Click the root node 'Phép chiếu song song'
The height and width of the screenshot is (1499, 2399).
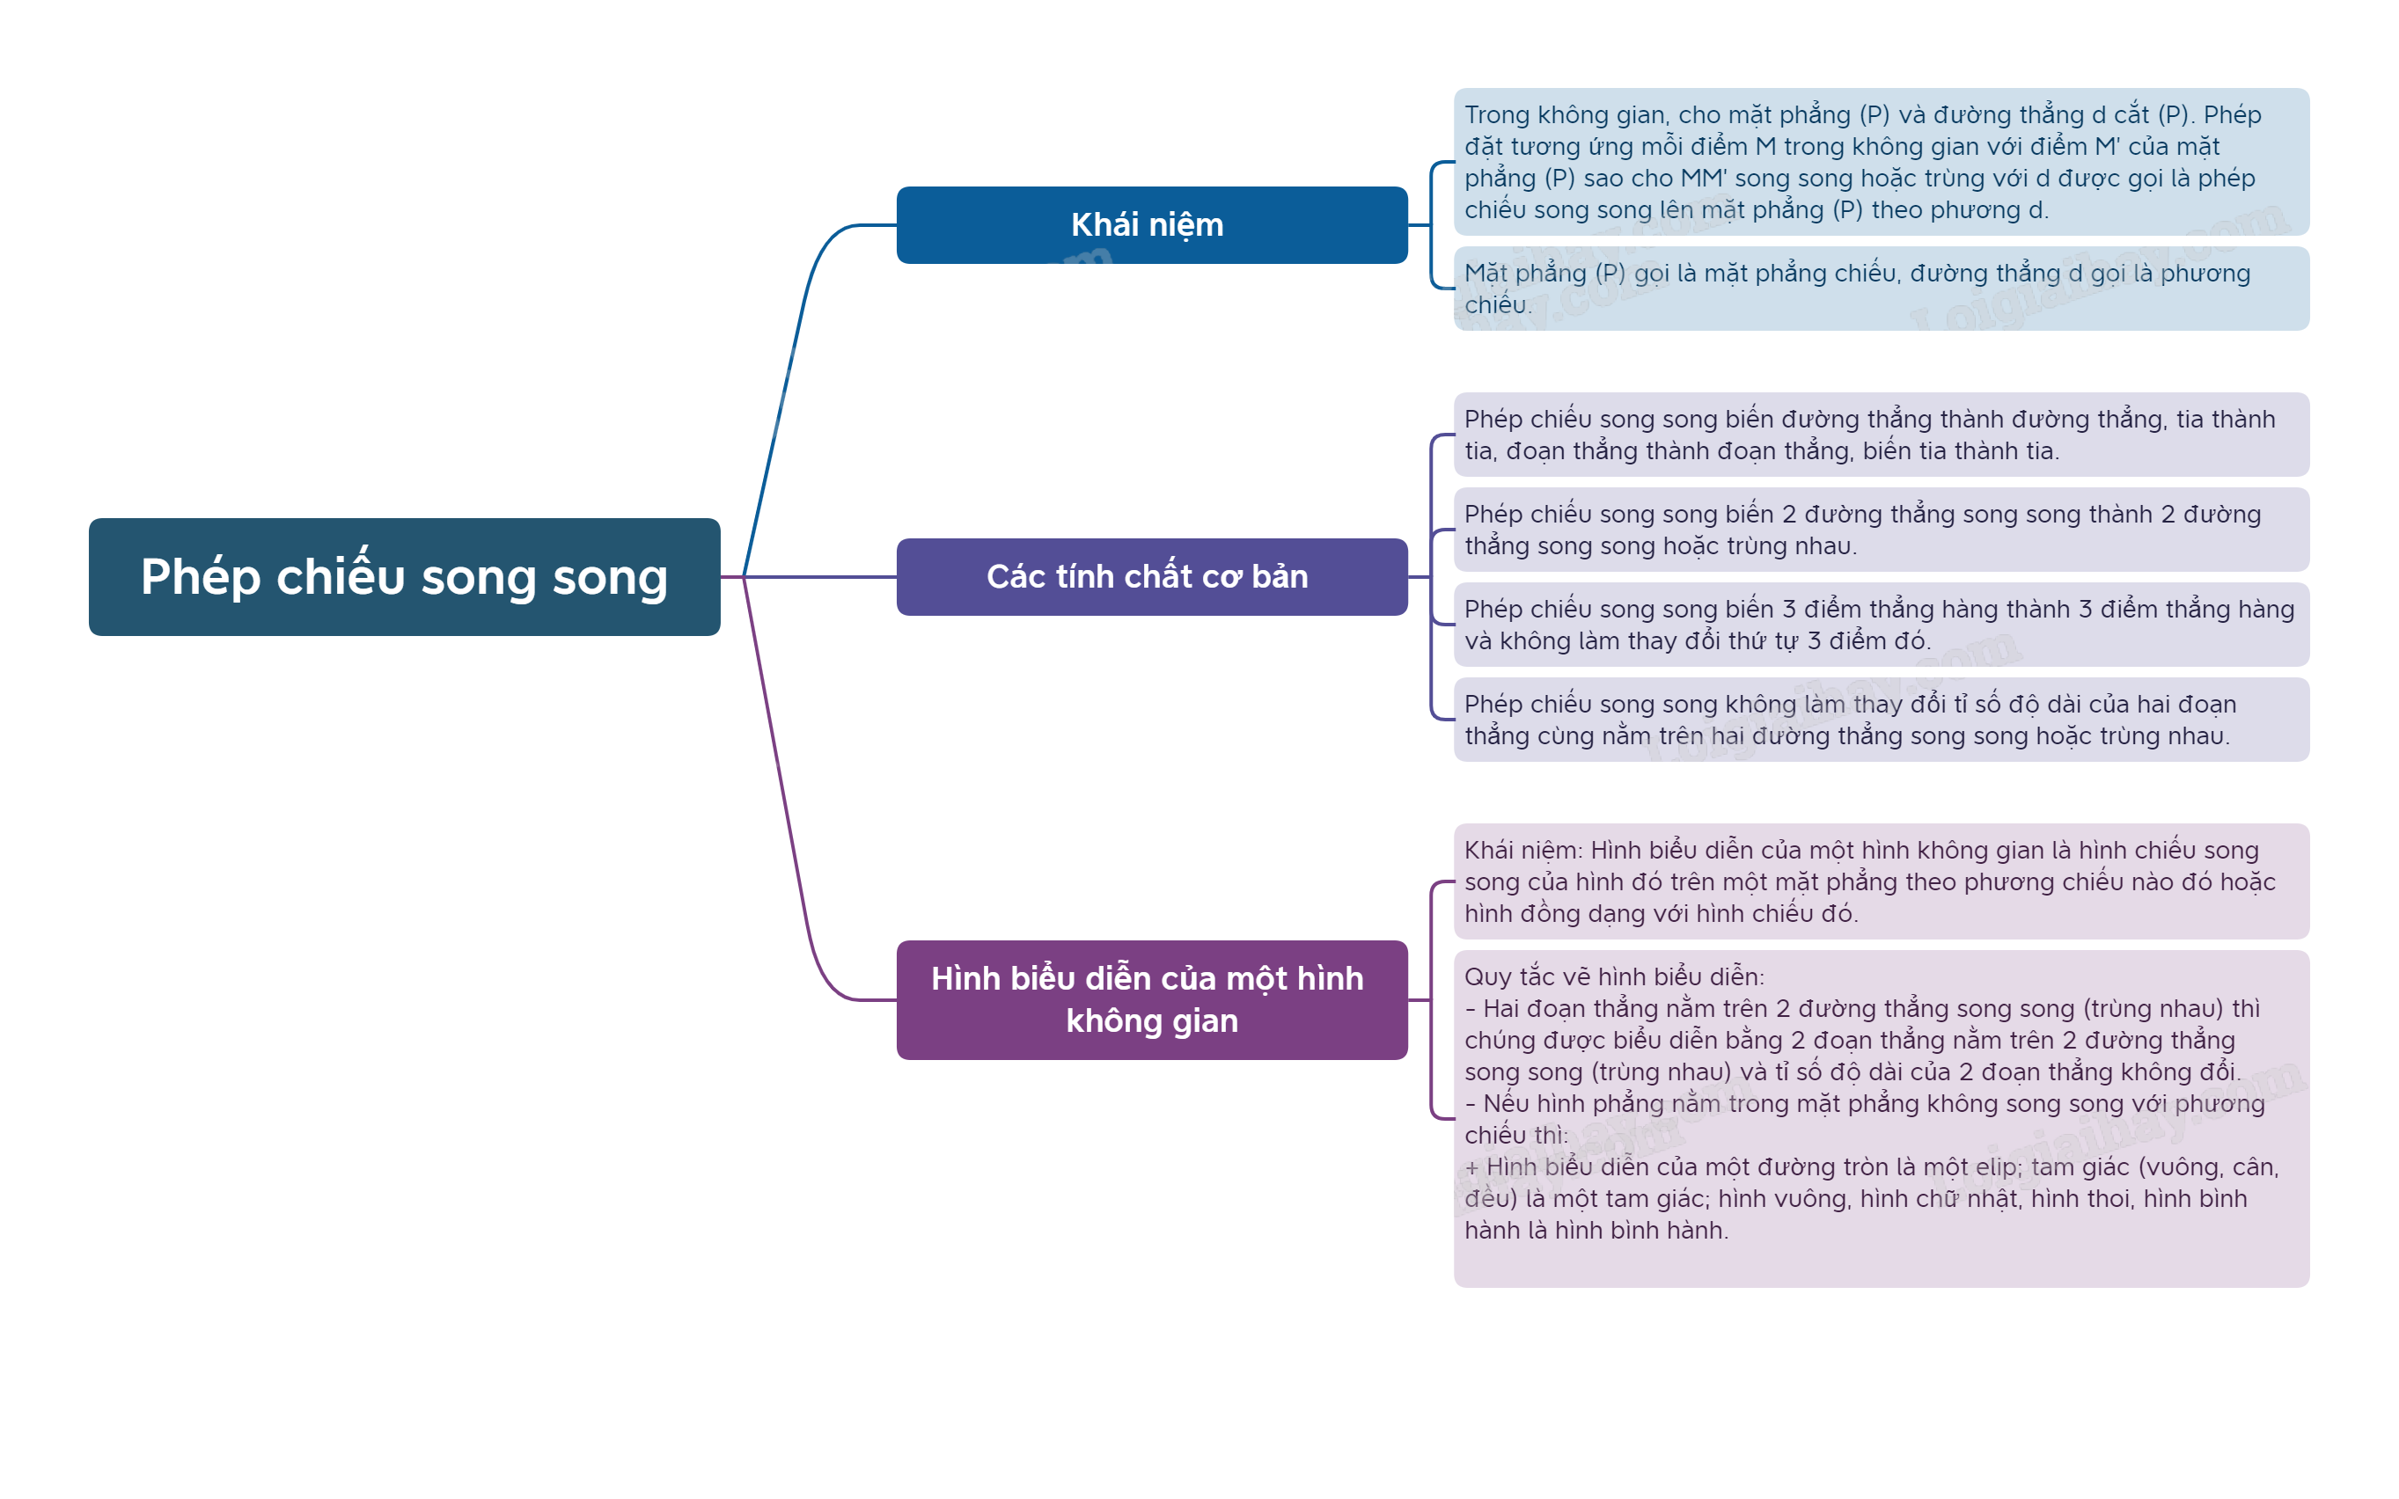tap(404, 576)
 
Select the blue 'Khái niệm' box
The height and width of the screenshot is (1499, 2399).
tap(1150, 225)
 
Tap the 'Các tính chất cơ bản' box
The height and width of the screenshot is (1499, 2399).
tap(1150, 576)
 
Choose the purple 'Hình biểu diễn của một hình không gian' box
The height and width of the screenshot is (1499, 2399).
tap(1150, 999)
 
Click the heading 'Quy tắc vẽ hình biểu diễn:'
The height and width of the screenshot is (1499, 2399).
tap(1613, 976)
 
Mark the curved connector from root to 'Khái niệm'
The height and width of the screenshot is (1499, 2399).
tap(794, 347)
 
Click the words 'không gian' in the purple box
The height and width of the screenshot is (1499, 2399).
tap(1151, 1021)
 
